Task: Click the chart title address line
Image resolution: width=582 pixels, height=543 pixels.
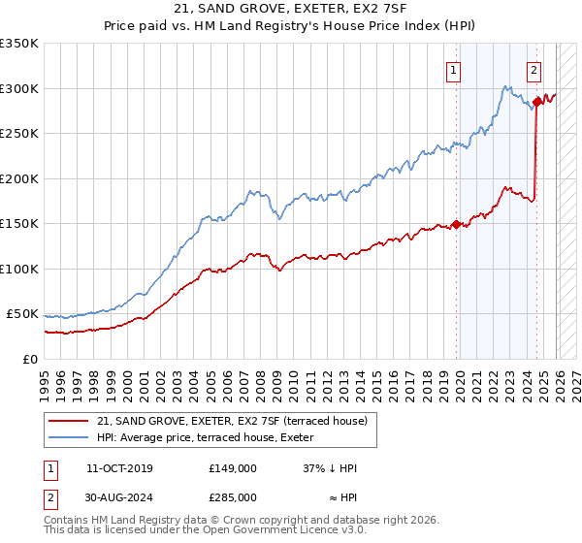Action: [291, 10]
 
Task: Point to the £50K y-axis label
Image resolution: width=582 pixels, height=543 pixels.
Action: [22, 314]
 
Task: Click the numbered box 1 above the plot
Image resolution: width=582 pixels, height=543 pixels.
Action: [454, 69]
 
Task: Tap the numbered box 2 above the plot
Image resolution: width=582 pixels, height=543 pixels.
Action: [534, 69]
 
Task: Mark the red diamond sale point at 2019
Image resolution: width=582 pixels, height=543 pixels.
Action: [456, 225]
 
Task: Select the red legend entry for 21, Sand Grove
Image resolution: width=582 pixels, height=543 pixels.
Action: [232, 421]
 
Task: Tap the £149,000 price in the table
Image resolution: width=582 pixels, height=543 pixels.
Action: [232, 467]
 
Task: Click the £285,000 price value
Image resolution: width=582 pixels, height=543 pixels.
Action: [232, 496]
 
